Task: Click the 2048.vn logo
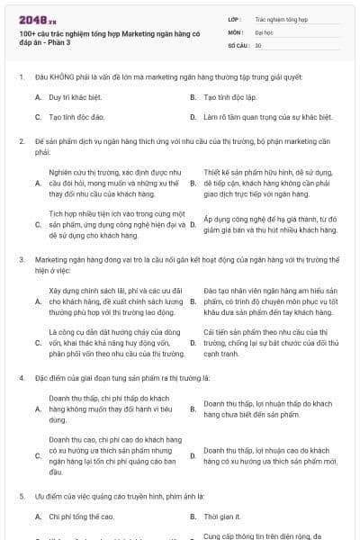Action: tap(32, 18)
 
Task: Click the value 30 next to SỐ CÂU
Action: tap(258, 44)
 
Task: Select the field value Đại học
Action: tap(265, 31)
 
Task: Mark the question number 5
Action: tap(20, 496)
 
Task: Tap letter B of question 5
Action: tap(193, 517)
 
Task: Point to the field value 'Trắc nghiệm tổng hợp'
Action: tap(281, 18)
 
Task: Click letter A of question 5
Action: tap(38, 517)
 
